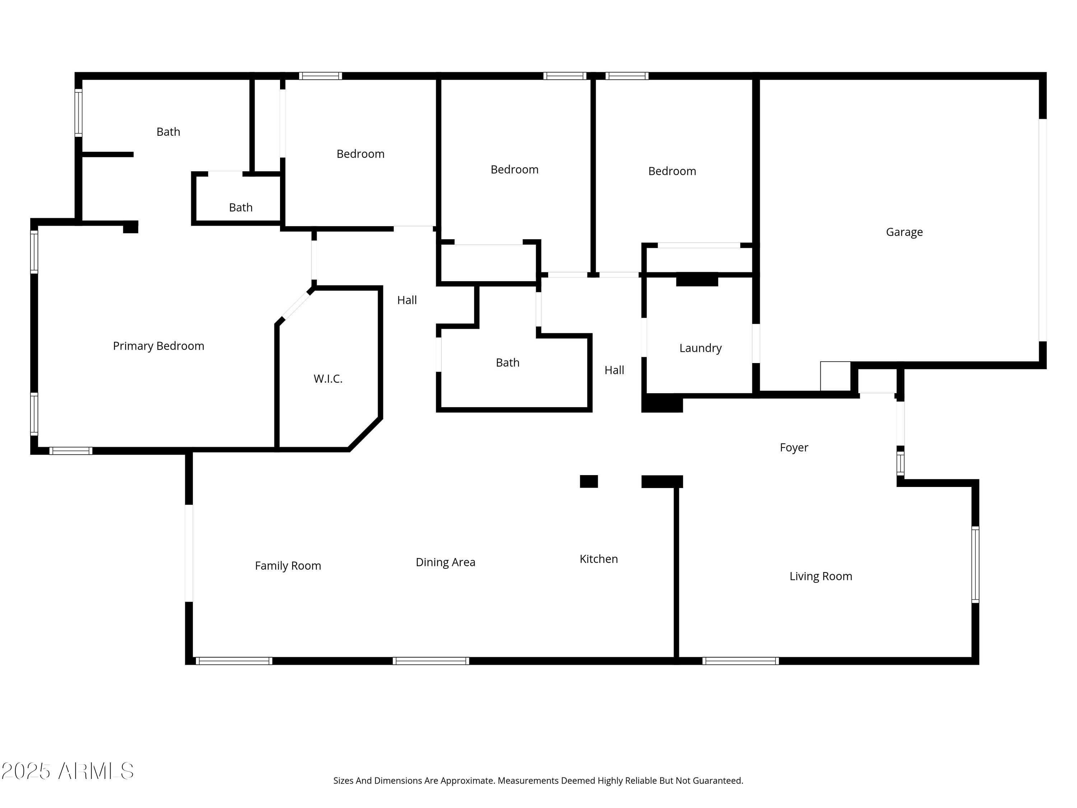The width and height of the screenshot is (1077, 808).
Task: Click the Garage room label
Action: (x=904, y=232)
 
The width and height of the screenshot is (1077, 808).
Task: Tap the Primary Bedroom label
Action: (x=158, y=346)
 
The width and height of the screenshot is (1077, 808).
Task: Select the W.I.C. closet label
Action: (x=328, y=379)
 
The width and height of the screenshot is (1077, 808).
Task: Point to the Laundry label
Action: (x=700, y=348)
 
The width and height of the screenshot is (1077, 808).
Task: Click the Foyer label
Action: (x=794, y=447)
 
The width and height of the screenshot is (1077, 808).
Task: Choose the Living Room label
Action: (x=820, y=576)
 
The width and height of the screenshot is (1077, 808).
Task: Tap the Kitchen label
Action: (x=598, y=559)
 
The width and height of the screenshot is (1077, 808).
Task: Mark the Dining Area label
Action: (x=445, y=562)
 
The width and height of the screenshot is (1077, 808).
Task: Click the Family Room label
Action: (x=288, y=566)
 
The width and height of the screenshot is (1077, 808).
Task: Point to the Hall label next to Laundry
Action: (x=614, y=370)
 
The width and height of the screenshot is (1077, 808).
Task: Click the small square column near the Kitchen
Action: (x=589, y=481)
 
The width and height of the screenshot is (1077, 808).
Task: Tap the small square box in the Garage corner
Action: (x=835, y=376)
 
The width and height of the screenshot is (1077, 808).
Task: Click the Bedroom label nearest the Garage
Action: (x=672, y=171)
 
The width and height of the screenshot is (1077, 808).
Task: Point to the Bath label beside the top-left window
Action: (x=168, y=131)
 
